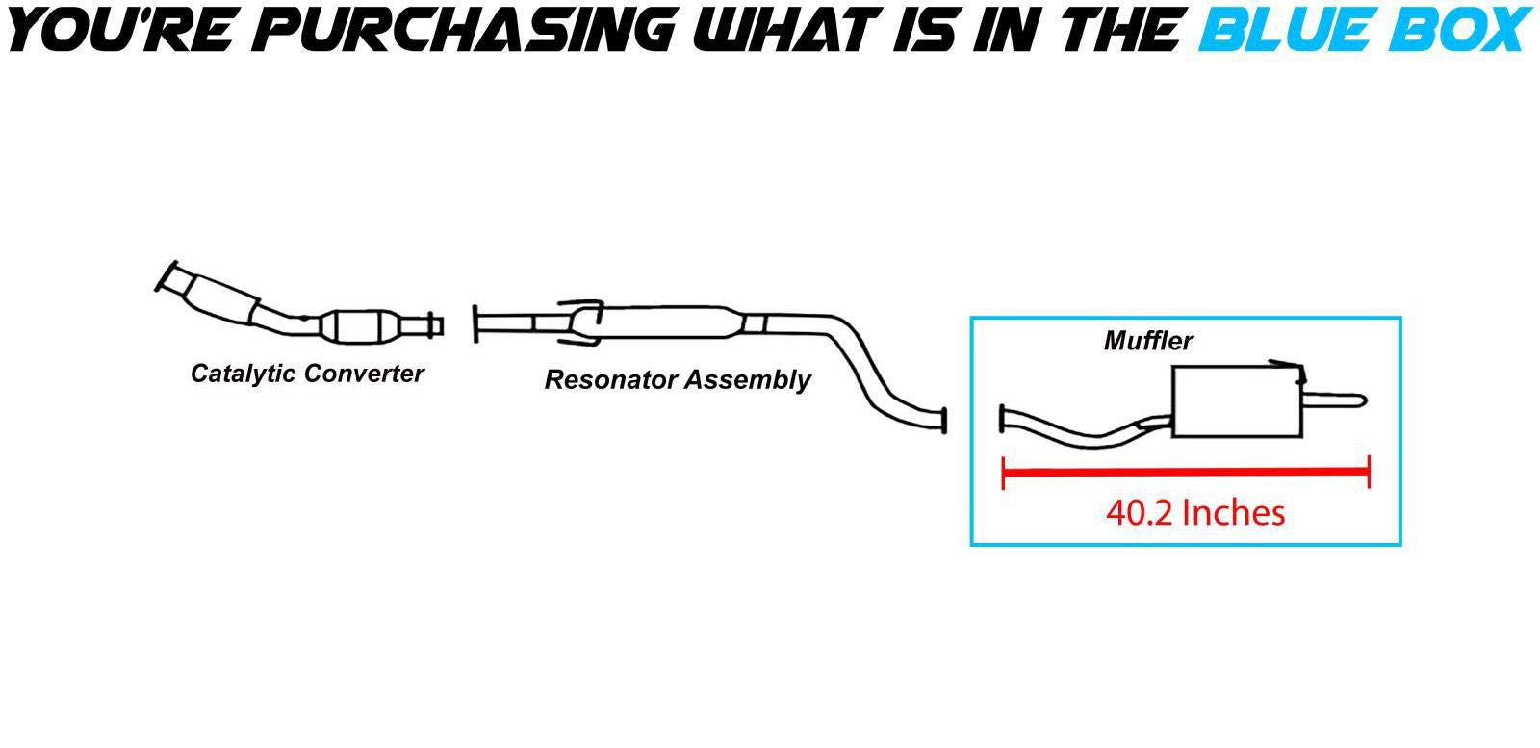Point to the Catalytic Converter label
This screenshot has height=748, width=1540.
307,374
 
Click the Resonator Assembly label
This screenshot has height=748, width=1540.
678,380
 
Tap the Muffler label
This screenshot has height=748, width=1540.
1148,341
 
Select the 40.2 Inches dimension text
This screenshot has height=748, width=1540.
1195,512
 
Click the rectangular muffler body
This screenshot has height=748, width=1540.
1235,404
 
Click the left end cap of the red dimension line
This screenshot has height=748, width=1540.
1004,472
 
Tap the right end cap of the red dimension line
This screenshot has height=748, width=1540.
1368,472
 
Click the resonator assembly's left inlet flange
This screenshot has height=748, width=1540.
476,323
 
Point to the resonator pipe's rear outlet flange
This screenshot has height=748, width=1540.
943,420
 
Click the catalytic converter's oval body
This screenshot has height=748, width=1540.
361,326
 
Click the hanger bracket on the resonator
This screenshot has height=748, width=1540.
581,323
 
